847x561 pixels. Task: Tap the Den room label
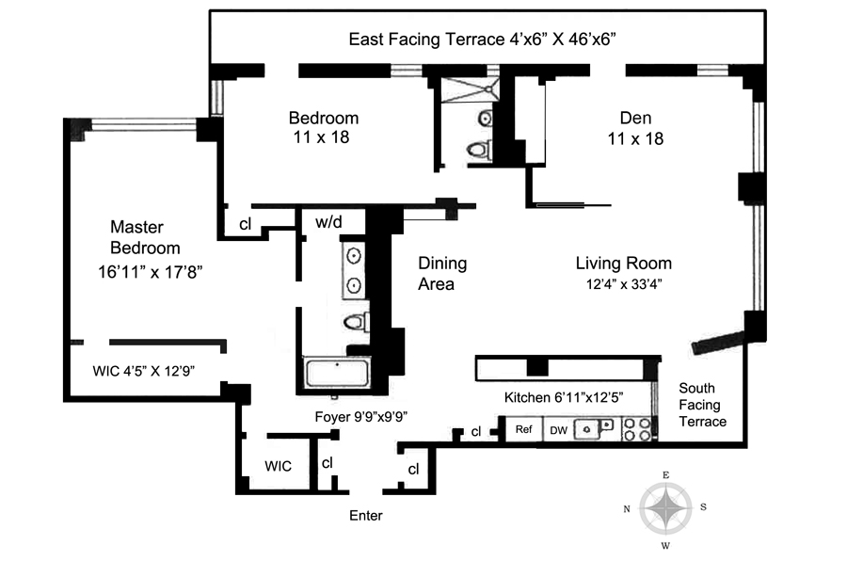635,118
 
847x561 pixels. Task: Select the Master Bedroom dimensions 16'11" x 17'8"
150,272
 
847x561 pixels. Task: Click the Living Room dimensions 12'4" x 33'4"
624,284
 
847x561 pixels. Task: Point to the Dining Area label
442,274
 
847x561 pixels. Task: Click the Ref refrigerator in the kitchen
523,429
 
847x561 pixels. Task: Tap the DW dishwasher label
558,430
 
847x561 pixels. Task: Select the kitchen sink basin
587,429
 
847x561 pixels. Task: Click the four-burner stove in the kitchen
637,429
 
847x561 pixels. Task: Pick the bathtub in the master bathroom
337,374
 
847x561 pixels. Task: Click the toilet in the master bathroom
356,323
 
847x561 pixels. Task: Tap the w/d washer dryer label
328,221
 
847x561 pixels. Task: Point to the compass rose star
666,508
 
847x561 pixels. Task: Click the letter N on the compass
627,508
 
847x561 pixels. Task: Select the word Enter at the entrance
366,516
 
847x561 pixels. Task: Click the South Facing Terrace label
702,405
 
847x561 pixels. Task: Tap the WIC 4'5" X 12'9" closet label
144,371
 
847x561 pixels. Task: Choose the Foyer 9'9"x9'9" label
360,417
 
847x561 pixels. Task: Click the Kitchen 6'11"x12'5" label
564,398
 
